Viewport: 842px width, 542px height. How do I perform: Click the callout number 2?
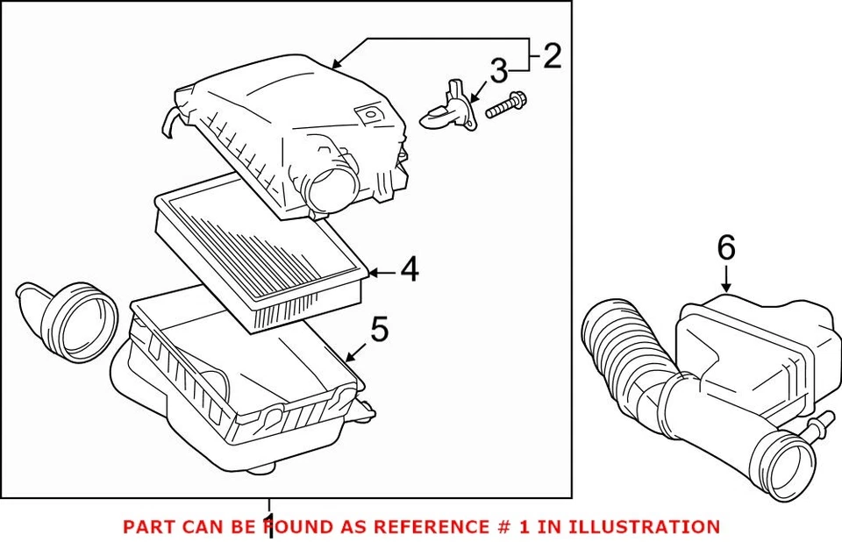(552, 56)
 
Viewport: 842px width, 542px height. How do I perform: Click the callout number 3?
(498, 72)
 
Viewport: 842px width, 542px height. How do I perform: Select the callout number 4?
(409, 271)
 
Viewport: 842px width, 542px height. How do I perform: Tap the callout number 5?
(379, 330)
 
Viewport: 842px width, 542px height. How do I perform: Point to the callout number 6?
(726, 248)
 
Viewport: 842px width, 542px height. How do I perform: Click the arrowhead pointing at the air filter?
(372, 273)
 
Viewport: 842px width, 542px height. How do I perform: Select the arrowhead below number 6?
(726, 287)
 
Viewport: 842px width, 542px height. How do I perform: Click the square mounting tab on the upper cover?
(368, 114)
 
